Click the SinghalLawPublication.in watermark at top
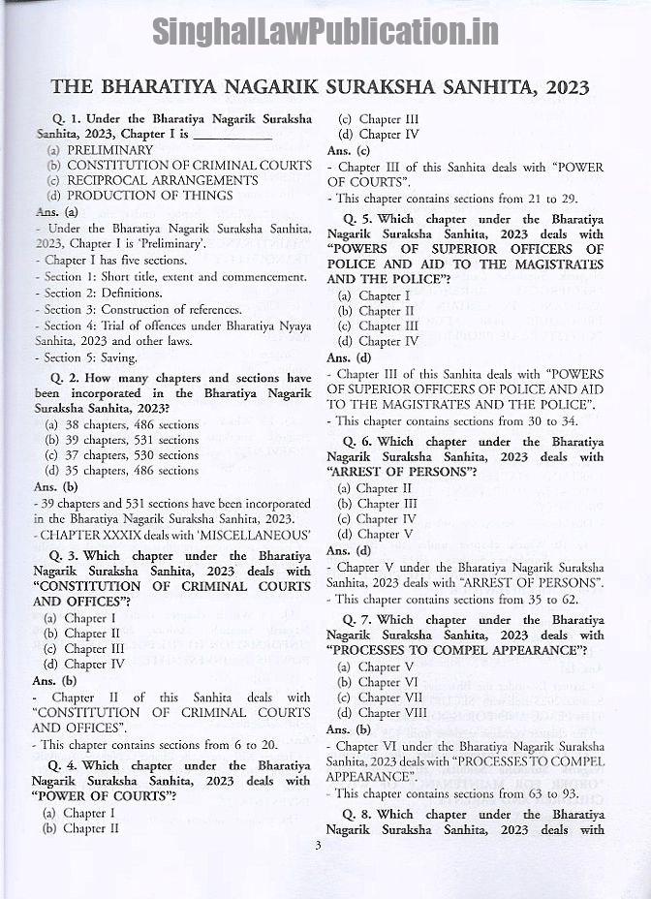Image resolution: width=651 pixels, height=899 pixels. point(325,32)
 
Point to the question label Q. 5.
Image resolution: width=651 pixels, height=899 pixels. point(357,219)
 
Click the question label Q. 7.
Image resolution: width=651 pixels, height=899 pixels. point(356,620)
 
